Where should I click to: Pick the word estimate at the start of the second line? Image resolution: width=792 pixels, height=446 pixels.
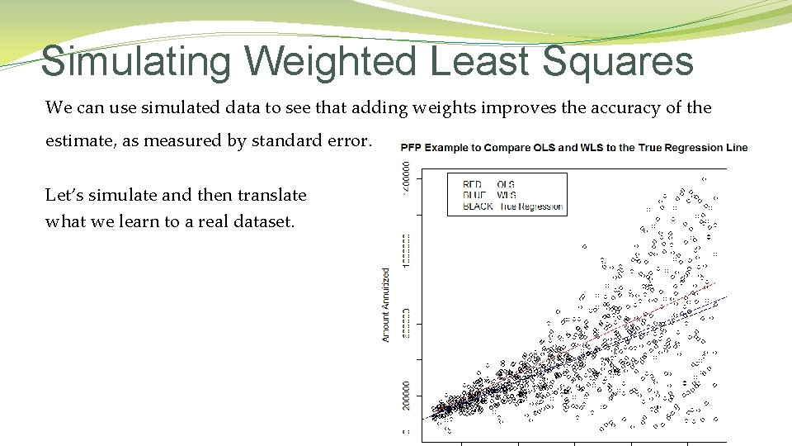pos(79,140)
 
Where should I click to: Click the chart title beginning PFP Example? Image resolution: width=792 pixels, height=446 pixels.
pos(573,148)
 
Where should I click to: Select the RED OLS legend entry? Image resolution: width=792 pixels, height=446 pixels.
pos(489,184)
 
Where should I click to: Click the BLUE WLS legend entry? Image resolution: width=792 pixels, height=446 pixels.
pos(489,195)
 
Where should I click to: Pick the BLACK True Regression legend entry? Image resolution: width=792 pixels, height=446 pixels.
pos(512,206)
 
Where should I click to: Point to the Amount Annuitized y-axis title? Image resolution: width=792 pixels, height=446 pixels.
pos(385,304)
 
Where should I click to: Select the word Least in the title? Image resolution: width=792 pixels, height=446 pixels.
pos(479,62)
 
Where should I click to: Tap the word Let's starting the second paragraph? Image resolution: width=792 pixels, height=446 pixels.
pos(64,196)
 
